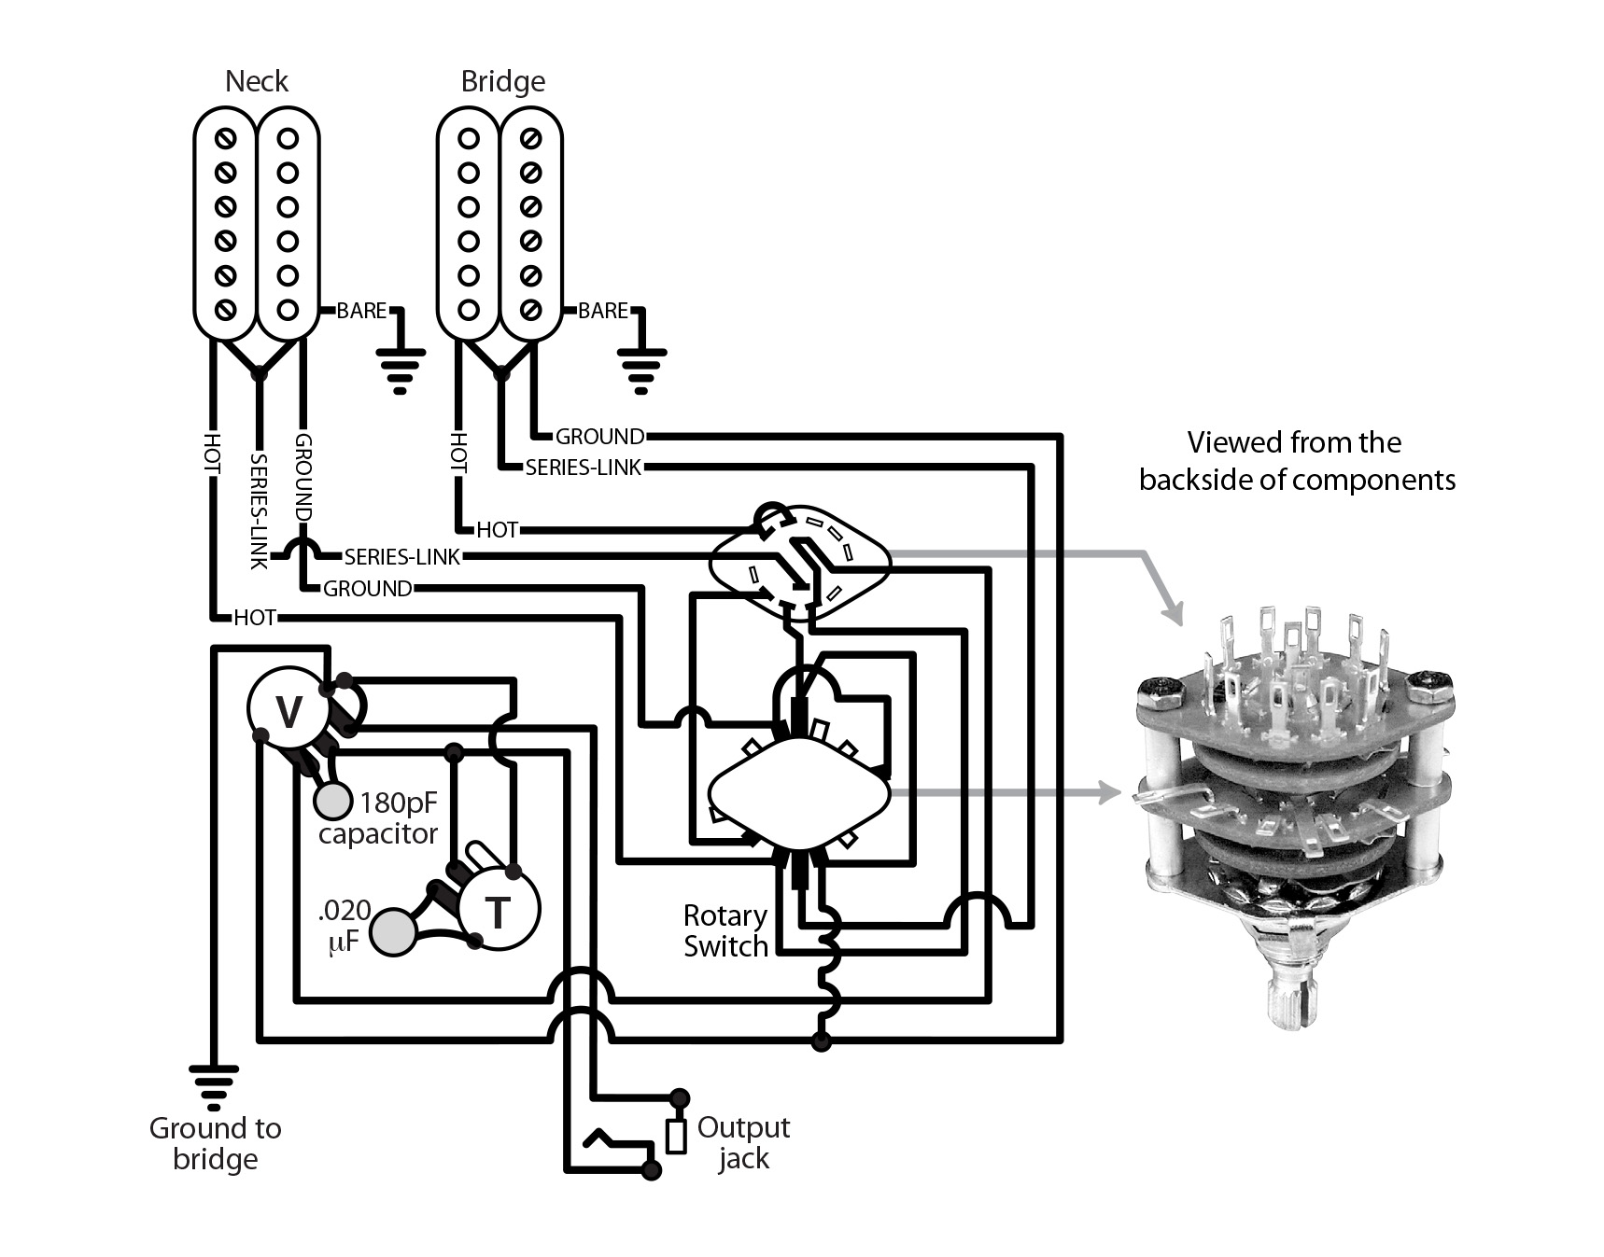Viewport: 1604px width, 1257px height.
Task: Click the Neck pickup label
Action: click(x=257, y=81)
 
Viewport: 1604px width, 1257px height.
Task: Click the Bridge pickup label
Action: click(x=502, y=81)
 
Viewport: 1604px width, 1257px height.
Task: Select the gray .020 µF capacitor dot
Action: click(x=393, y=931)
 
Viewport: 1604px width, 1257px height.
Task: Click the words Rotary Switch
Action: click(x=725, y=930)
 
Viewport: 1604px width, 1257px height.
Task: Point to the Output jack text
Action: click(x=743, y=1142)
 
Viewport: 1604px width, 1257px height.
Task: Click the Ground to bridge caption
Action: click(x=215, y=1143)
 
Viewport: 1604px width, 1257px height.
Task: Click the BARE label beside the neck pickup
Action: click(x=361, y=311)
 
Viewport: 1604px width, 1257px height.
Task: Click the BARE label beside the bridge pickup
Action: click(x=603, y=311)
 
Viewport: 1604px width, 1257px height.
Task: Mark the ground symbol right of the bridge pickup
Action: click(x=640, y=369)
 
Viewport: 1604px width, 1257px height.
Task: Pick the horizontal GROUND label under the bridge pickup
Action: click(x=599, y=436)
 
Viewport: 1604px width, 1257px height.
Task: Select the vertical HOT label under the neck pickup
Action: click(x=213, y=454)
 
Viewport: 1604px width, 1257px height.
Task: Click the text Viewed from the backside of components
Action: click(x=1296, y=460)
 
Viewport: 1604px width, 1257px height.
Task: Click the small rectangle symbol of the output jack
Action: click(x=675, y=1136)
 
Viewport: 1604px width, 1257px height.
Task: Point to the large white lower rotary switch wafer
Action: click(x=798, y=793)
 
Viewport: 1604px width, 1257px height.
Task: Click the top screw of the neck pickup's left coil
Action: click(x=225, y=139)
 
